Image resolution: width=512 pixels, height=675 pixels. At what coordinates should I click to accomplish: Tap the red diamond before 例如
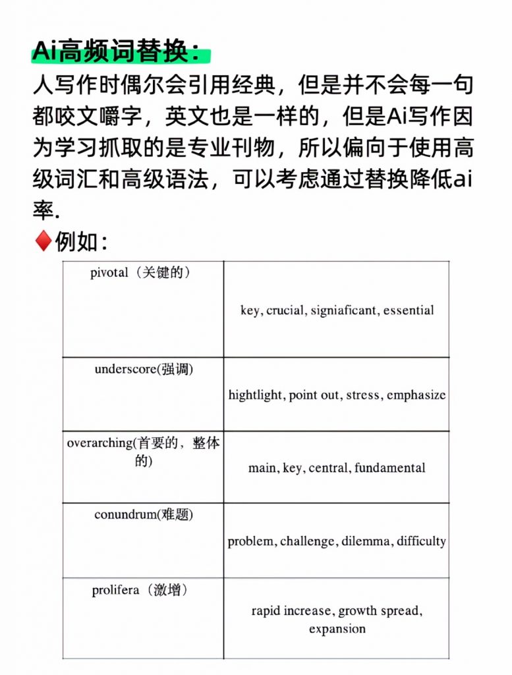tap(42, 241)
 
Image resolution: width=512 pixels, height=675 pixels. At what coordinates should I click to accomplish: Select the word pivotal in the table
tap(109, 274)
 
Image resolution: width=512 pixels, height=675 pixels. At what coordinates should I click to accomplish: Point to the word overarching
tap(99, 443)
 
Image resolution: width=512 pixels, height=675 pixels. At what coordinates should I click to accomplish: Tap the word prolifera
tap(115, 590)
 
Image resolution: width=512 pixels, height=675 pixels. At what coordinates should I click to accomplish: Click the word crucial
tap(285, 310)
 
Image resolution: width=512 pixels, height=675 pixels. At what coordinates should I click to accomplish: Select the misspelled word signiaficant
tap(344, 310)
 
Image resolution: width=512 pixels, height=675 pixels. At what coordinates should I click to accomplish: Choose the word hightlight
tap(256, 395)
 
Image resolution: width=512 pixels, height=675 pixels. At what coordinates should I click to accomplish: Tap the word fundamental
tap(389, 468)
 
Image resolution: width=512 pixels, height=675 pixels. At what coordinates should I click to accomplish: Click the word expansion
tap(337, 628)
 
